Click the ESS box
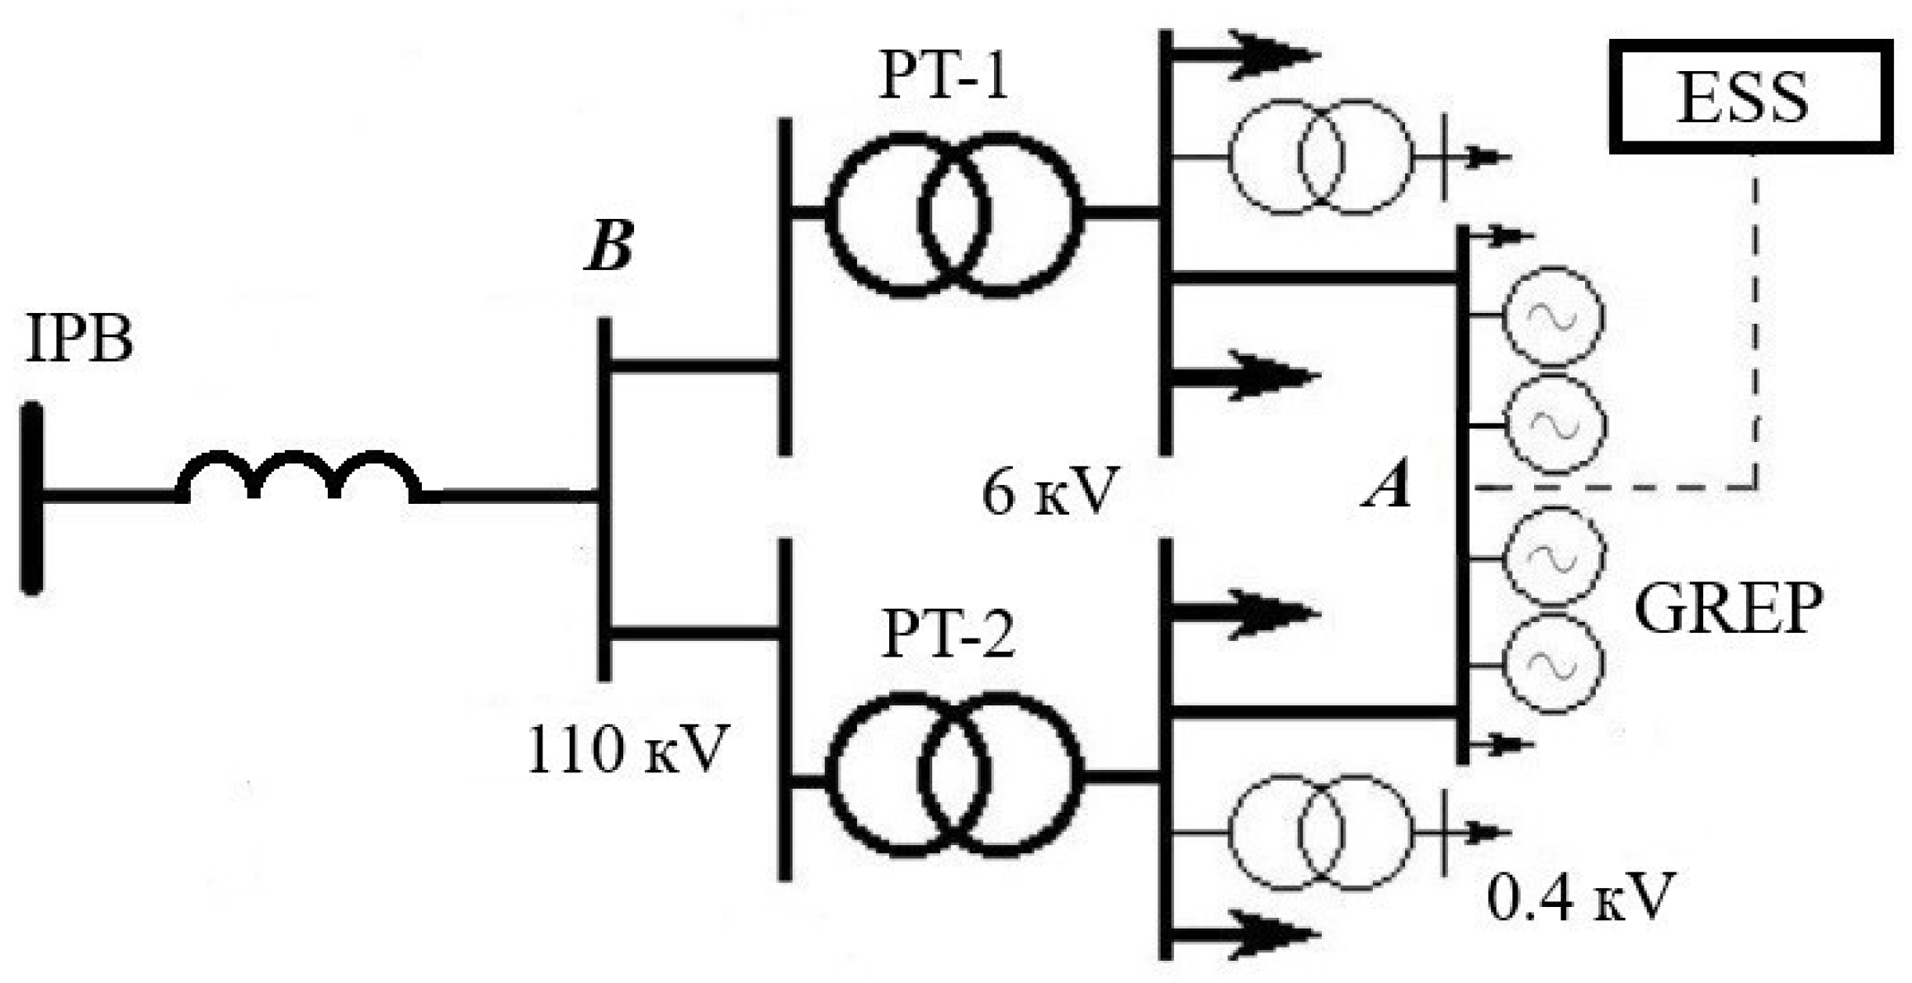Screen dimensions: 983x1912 coord(1750,97)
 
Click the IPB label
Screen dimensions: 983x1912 coord(79,339)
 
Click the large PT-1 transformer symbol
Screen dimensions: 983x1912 coord(954,213)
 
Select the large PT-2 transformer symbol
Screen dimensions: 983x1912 coord(954,775)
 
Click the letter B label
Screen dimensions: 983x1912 coord(609,245)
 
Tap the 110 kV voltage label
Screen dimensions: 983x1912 coord(627,750)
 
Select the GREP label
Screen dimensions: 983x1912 coord(1728,609)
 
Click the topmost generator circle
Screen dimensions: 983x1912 coord(1552,316)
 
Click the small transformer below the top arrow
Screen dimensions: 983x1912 coord(1319,157)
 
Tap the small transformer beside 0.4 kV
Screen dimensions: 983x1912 coord(1319,833)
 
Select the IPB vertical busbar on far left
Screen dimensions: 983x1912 coord(31,497)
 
